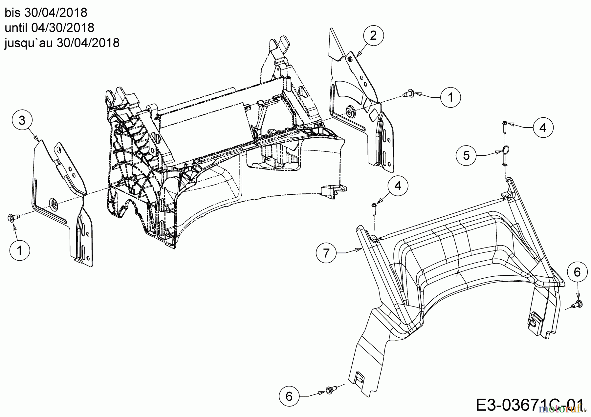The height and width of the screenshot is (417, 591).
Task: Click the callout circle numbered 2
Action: coord(373,35)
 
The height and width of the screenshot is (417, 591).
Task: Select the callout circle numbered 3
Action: coord(22,120)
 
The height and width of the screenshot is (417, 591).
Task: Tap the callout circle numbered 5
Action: coord(467,155)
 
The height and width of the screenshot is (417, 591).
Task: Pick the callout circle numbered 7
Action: coord(326,253)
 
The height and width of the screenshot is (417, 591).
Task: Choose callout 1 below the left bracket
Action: coord(20,250)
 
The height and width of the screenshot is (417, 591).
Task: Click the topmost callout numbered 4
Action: coord(543,128)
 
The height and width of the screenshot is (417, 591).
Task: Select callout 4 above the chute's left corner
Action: coord(398,186)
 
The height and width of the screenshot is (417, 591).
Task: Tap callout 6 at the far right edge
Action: coord(577,272)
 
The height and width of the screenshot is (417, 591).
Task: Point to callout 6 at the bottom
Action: coord(289,396)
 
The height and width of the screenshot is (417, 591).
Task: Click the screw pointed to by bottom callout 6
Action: coord(329,389)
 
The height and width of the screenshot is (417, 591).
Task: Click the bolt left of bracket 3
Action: coord(13,217)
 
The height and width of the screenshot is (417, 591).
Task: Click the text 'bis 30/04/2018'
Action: coord(46,12)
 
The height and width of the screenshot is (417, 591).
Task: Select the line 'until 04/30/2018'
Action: coord(49,28)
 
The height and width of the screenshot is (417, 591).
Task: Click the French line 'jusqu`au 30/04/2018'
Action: coord(62,43)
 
